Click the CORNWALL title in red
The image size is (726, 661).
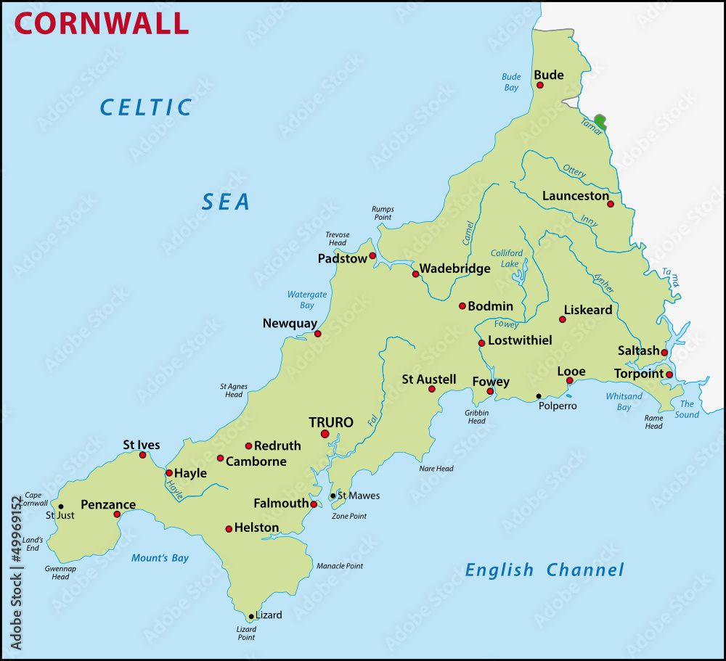[x=102, y=22]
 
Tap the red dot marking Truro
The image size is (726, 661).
[x=325, y=434]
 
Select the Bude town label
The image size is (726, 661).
[x=548, y=74]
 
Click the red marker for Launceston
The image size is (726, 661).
[x=611, y=205]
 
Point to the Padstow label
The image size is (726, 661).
[x=342, y=258]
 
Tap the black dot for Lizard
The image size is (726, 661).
[x=251, y=616]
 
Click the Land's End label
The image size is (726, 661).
[x=33, y=543]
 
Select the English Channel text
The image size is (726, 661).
[x=544, y=570]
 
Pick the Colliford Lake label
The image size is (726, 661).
[x=506, y=258]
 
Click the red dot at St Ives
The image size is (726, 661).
[x=142, y=455]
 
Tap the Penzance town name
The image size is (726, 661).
[x=107, y=504]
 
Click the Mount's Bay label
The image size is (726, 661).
[x=160, y=558]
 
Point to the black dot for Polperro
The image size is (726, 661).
[x=538, y=396]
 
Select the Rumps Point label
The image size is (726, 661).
[x=382, y=213]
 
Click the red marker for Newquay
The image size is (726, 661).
[x=317, y=334]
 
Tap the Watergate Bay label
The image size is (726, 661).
[x=306, y=300]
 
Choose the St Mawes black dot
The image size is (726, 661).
[x=333, y=496]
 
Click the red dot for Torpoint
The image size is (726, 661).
[x=669, y=374]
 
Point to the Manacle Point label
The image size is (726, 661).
[x=339, y=565]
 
